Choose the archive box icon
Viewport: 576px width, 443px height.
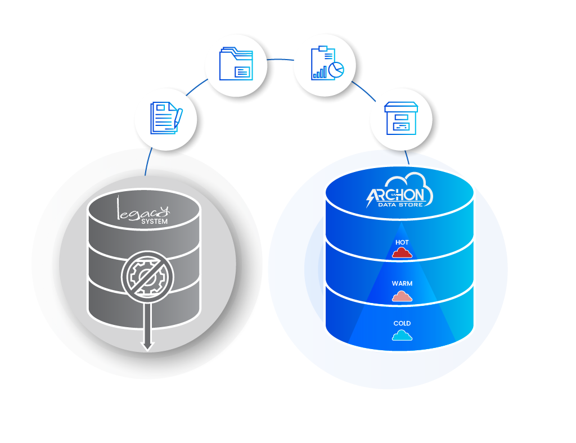[401, 118]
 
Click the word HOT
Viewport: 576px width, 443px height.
[402, 242]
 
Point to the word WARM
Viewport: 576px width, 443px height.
[402, 283]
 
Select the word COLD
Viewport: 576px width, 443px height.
[402, 323]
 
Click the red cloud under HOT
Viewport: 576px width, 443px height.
[402, 253]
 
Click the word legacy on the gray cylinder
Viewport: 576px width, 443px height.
[142, 210]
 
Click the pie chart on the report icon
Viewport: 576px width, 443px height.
[336, 69]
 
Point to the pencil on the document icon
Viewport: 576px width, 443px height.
[177, 116]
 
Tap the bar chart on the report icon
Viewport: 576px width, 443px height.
[320, 73]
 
